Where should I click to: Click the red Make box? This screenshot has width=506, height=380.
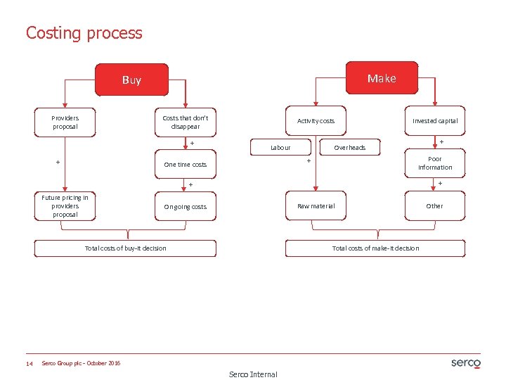(x=382, y=78)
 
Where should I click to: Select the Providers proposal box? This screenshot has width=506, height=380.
(x=65, y=122)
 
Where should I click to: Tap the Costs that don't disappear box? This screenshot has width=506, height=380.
(x=186, y=122)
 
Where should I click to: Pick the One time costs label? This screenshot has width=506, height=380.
(x=186, y=165)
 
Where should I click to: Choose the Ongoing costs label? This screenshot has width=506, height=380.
(x=186, y=207)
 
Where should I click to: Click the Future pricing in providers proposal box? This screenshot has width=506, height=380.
(x=65, y=206)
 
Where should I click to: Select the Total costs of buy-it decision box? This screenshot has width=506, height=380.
(x=126, y=248)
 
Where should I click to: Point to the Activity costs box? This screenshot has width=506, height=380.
(x=316, y=121)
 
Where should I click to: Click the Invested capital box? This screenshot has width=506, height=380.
(x=435, y=121)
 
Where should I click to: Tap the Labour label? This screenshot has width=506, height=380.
(x=281, y=148)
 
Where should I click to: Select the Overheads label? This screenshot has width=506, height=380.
(x=350, y=148)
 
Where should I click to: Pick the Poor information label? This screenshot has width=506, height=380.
(x=435, y=163)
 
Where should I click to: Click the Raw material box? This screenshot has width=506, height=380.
(x=316, y=206)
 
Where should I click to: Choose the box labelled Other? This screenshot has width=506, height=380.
(x=435, y=206)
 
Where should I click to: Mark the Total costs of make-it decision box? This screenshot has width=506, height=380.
(x=376, y=248)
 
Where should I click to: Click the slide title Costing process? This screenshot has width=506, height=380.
(x=84, y=33)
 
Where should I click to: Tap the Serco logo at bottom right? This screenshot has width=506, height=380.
(x=465, y=363)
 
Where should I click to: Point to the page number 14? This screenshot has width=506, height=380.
(x=30, y=363)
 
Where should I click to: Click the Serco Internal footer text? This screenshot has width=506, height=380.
(x=253, y=374)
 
